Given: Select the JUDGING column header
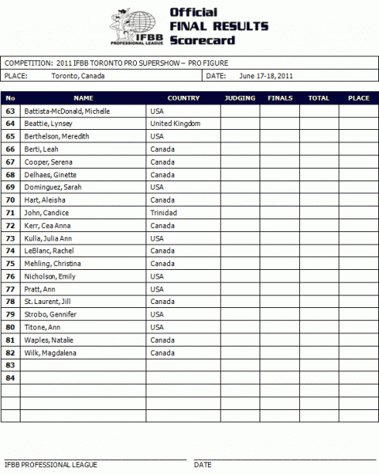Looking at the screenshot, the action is (x=240, y=99).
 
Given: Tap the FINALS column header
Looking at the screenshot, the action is (x=280, y=99).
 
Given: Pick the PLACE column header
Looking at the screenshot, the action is (x=358, y=99).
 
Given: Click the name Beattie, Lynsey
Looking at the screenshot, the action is (x=51, y=123).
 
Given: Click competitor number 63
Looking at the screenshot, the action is (x=10, y=111).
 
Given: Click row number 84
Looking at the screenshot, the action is (x=10, y=378).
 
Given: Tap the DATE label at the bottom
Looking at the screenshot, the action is (x=203, y=465).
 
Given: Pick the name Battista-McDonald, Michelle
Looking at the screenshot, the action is (x=67, y=111).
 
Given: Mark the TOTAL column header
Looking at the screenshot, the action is (x=319, y=99).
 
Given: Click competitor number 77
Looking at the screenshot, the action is (x=10, y=289).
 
